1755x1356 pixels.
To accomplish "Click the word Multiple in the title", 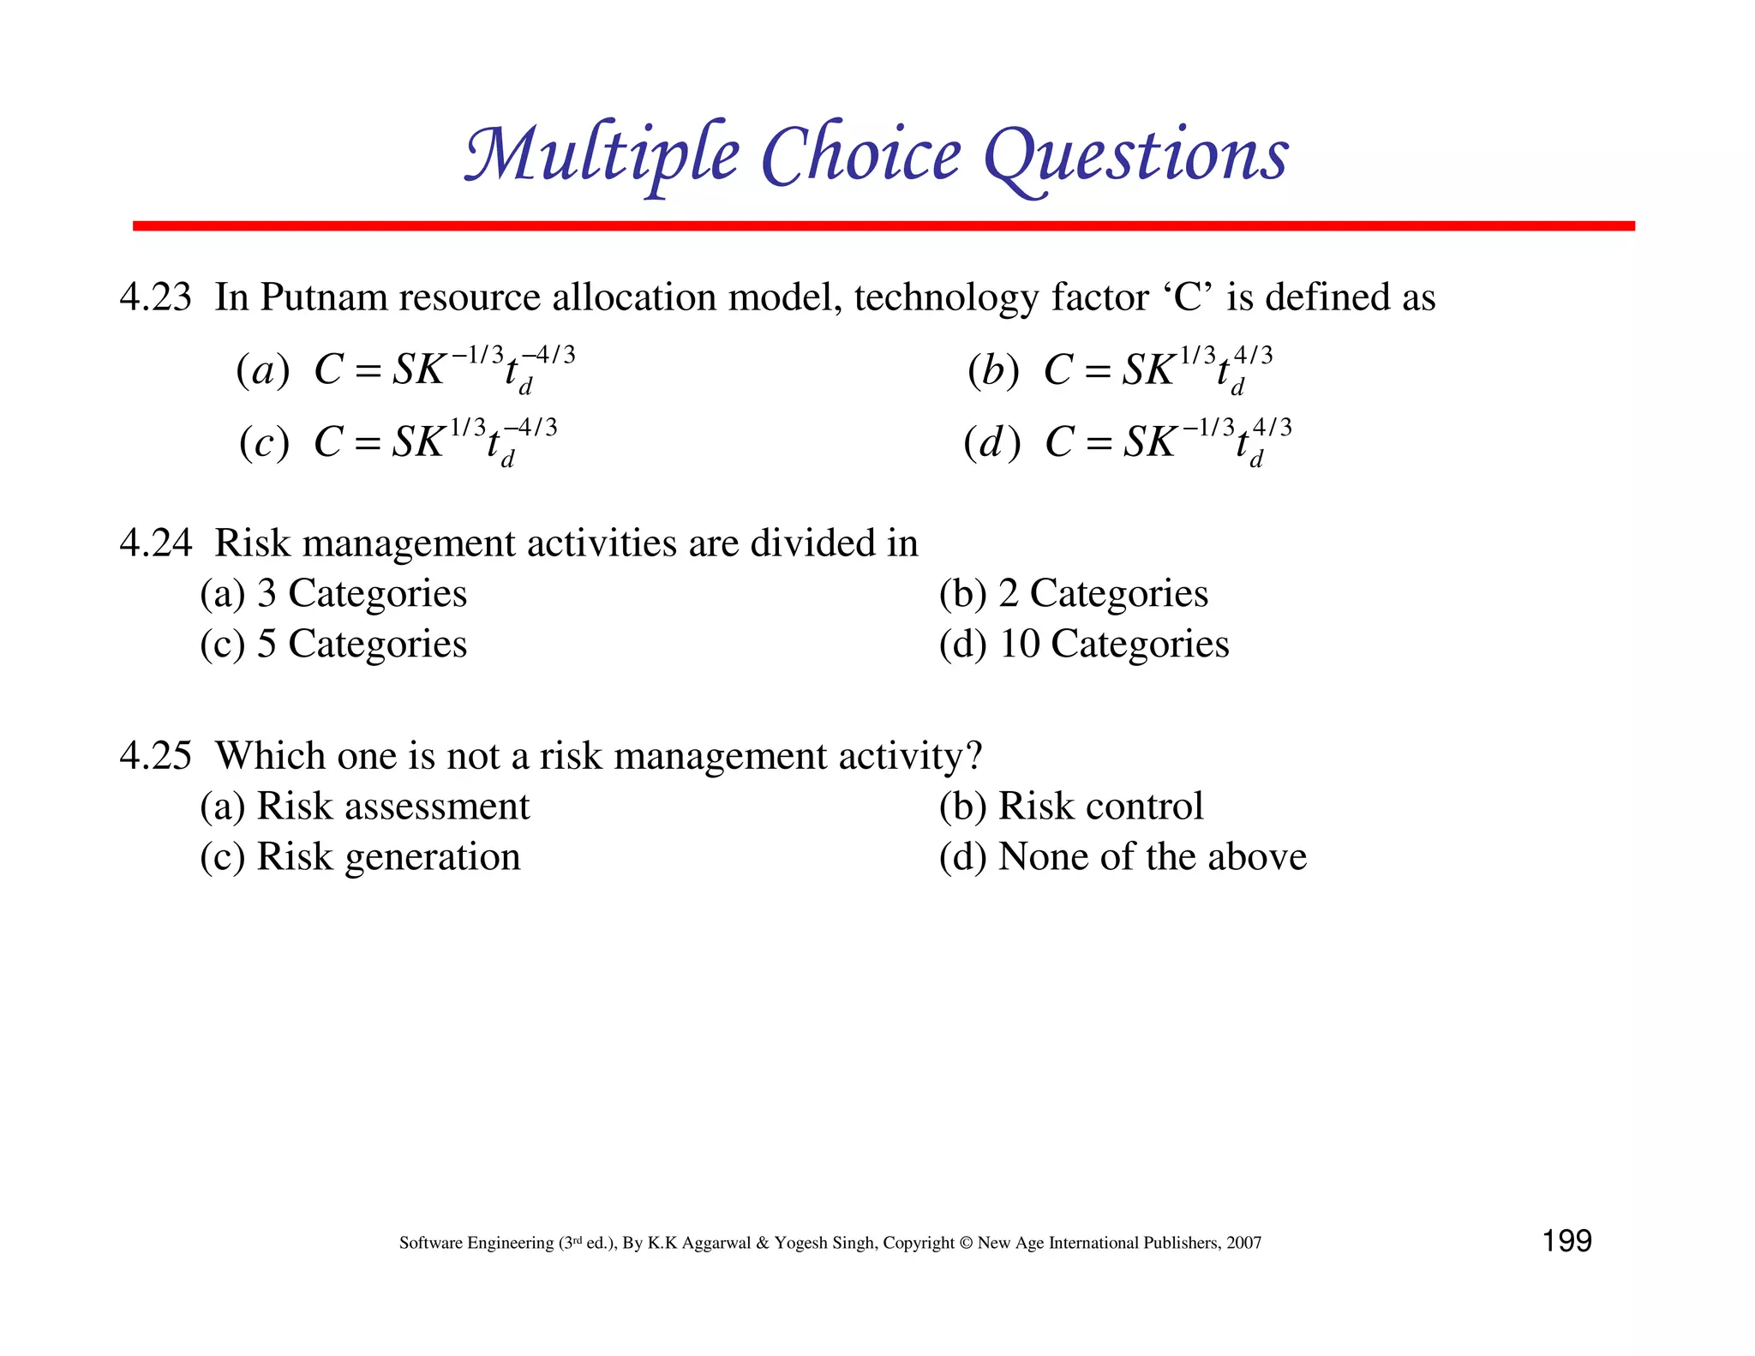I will tap(600, 156).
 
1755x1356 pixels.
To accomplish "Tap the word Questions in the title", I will tap(1135, 156).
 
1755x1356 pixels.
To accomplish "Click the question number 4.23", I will tap(155, 297).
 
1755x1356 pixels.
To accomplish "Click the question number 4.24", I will tap(155, 543).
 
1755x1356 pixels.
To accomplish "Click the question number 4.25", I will tap(155, 756).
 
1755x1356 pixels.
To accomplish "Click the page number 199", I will tap(1566, 1241).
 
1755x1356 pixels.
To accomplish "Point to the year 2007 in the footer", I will tap(1243, 1243).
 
